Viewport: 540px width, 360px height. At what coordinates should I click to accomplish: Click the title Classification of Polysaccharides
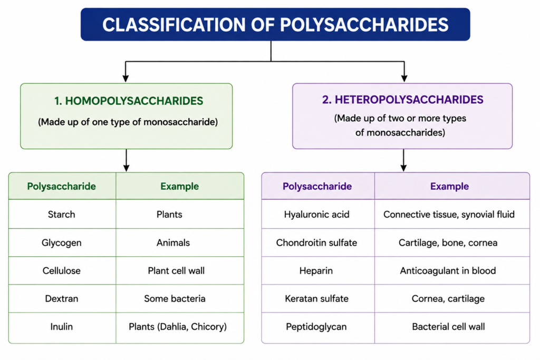pyautogui.click(x=275, y=25)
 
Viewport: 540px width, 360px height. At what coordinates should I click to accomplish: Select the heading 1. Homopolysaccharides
pyautogui.click(x=129, y=101)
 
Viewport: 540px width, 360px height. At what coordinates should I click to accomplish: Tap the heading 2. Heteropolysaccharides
pyautogui.click(x=402, y=100)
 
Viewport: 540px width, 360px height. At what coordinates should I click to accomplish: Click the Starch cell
pyautogui.click(x=61, y=215)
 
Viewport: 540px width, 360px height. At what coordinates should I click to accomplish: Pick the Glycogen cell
pyautogui.click(x=61, y=243)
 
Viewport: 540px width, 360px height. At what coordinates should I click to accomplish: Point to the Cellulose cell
pyautogui.click(x=61, y=270)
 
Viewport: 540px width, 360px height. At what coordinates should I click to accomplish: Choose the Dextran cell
pyautogui.click(x=61, y=298)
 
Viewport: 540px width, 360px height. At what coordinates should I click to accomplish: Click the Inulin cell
pyautogui.click(x=61, y=327)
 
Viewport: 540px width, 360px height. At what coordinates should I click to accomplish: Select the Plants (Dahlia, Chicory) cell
pyautogui.click(x=178, y=327)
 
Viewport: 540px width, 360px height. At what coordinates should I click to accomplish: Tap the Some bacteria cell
pyautogui.click(x=175, y=298)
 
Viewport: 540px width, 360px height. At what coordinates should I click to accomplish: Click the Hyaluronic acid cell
pyautogui.click(x=316, y=215)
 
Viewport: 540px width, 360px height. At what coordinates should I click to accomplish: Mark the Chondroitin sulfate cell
pyautogui.click(x=316, y=242)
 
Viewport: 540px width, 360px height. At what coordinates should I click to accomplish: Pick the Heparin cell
pyautogui.click(x=316, y=271)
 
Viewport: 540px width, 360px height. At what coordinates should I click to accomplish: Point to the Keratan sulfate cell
pyautogui.click(x=316, y=298)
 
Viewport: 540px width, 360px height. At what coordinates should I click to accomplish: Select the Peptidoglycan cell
pyautogui.click(x=316, y=327)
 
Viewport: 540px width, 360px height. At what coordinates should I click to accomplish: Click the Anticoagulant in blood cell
pyautogui.click(x=448, y=271)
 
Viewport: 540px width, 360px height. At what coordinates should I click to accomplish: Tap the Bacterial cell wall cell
pyautogui.click(x=448, y=327)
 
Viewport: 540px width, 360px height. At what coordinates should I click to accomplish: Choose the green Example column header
pyautogui.click(x=179, y=187)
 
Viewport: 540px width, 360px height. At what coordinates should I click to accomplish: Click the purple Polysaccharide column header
pyautogui.click(x=317, y=187)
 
